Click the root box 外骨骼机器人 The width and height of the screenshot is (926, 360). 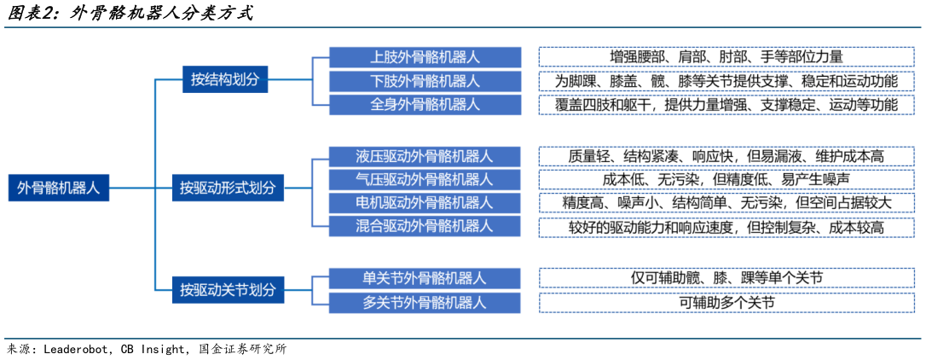click(59, 189)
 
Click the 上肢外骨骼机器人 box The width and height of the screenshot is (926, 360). click(425, 57)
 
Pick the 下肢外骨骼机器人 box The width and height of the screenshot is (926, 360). click(425, 81)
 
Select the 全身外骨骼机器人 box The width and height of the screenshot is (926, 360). click(425, 105)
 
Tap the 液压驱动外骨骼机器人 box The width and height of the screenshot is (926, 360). click(425, 157)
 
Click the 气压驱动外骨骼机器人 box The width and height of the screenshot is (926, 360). click(425, 180)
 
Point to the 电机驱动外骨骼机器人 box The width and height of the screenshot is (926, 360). click(425, 203)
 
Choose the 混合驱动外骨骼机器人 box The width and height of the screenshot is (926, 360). click(425, 226)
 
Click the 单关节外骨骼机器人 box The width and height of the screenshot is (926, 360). click(425, 278)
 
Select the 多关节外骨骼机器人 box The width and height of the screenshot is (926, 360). click(425, 302)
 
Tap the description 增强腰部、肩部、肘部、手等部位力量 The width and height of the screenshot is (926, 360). click(726, 57)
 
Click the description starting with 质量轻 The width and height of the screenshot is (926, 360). click(726, 157)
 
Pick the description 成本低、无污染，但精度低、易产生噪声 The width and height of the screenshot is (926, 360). click(726, 180)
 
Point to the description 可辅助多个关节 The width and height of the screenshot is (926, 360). click(726, 302)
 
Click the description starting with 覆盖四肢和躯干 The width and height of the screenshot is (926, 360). click(726, 105)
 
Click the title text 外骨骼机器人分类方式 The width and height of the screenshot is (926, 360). click(161, 15)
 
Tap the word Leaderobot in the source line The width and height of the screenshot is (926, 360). click(78, 350)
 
